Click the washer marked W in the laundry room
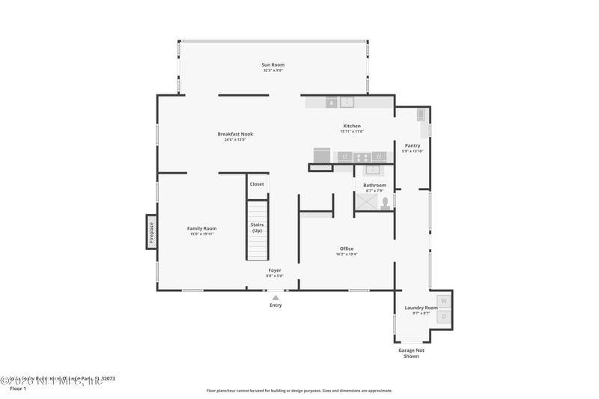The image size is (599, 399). pos(444,301)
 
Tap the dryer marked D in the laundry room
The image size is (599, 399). pos(444,317)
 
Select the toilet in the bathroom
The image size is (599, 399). pos(386,203)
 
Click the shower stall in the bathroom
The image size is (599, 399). pos(366,202)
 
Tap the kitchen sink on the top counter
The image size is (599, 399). pos(347,102)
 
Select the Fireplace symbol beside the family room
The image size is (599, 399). pos(151,232)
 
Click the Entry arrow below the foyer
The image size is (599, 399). pos(276,298)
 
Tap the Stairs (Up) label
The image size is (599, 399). pos(257,228)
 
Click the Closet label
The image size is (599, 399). pos(257,184)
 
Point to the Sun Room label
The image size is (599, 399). pos(273,65)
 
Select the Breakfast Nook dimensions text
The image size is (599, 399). pos(235,140)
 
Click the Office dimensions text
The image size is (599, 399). pos(347,255)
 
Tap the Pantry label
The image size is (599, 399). pos(413,146)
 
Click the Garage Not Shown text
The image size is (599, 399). pos(412,353)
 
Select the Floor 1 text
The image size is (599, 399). pos(18,389)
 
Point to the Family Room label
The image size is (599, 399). pos(201,228)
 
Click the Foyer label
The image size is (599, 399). pos(276,269)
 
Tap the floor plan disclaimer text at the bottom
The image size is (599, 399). pos(299,390)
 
